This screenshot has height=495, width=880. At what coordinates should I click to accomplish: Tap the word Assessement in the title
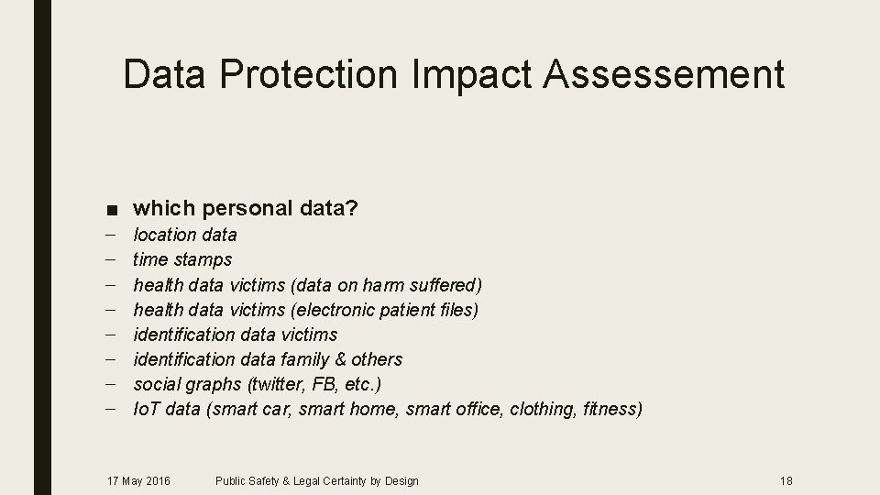coord(665,74)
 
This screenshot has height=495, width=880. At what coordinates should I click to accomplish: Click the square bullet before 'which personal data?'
coord(110,210)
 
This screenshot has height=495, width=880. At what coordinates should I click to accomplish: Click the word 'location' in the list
coord(165,235)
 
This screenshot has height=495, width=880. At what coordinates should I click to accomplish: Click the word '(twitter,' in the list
coord(271,384)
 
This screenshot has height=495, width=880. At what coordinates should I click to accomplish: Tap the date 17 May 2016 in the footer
coord(138,480)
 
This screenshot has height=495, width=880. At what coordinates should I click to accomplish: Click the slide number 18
coord(786,480)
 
